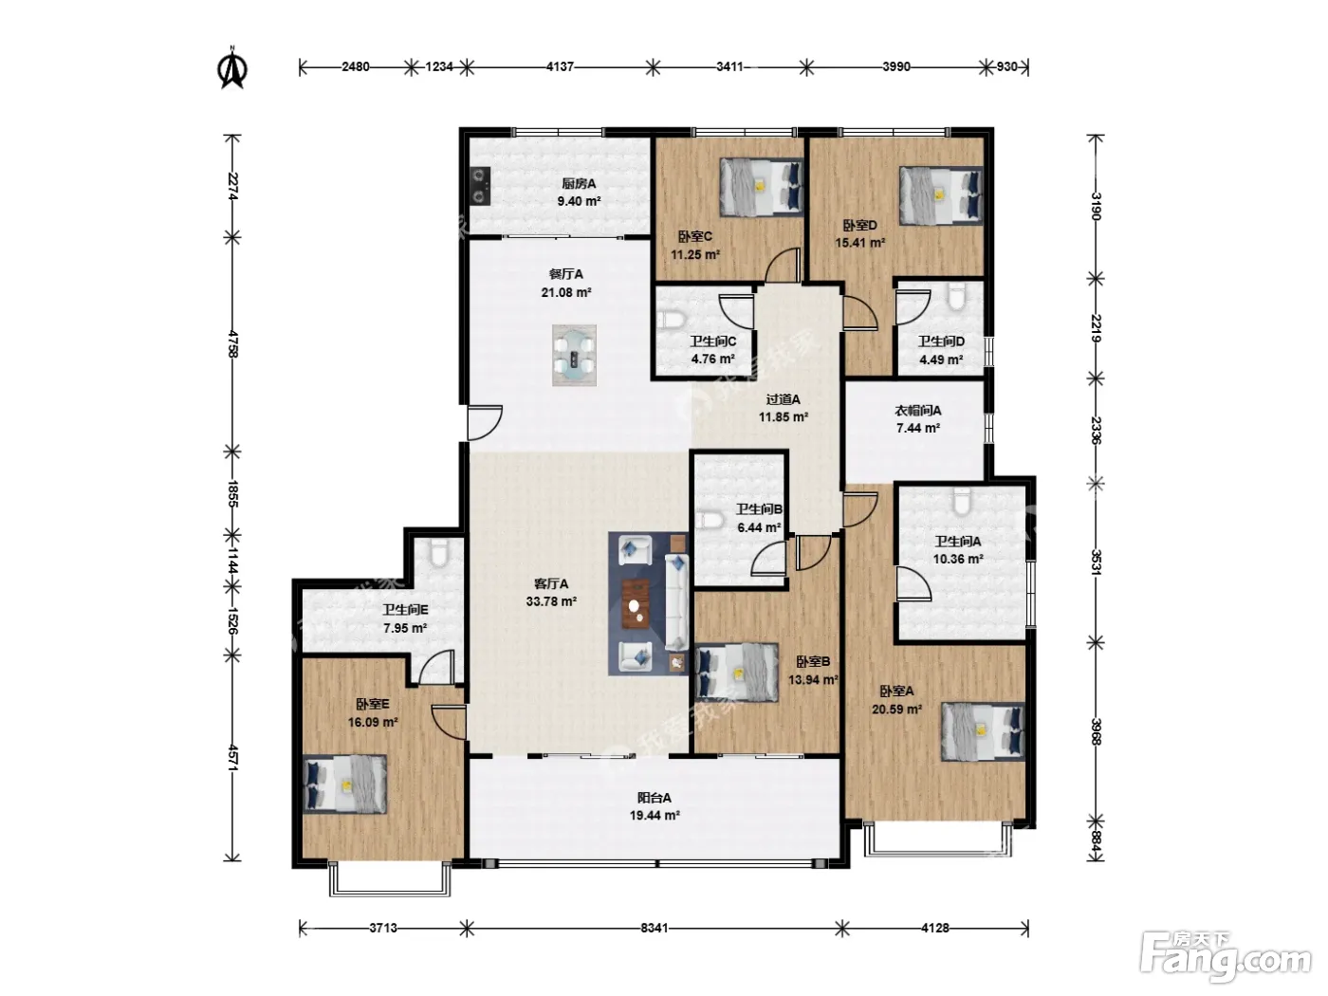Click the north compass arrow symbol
point(231,67)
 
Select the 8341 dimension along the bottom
point(654,928)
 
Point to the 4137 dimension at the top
point(560,66)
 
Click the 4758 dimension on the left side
point(233,343)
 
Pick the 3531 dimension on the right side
point(1096,562)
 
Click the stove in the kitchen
point(480,186)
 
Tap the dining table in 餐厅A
point(574,356)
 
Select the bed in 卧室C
point(761,187)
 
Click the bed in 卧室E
point(344,784)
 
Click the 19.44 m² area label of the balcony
point(655,815)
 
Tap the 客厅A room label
point(551,583)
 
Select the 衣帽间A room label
point(918,411)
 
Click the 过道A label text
point(784,399)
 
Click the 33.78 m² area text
point(551,601)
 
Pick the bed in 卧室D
point(941,195)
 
